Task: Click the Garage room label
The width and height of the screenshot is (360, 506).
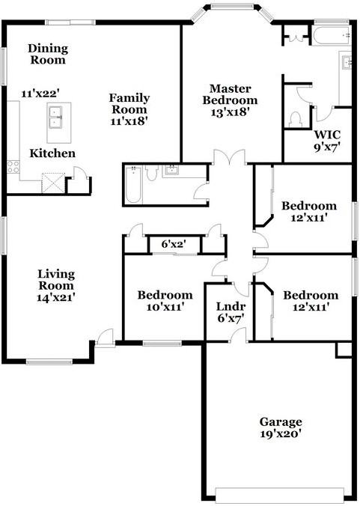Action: click(x=281, y=422)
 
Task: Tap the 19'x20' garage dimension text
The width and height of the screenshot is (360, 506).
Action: click(x=281, y=433)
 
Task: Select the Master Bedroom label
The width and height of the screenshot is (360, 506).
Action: click(x=230, y=94)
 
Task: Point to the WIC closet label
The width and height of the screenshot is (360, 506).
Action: click(x=327, y=134)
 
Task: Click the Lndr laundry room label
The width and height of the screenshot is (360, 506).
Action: click(x=231, y=306)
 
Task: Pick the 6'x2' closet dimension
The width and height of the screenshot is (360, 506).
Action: click(x=174, y=244)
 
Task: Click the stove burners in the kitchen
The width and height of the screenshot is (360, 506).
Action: click(x=13, y=167)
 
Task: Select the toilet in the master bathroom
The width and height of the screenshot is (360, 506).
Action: click(x=296, y=120)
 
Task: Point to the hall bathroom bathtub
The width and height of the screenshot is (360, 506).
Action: click(x=133, y=185)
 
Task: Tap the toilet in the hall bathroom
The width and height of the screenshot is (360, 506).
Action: click(x=151, y=173)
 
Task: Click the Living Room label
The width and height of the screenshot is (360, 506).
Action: click(x=56, y=280)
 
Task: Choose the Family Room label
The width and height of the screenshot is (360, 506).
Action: click(x=129, y=103)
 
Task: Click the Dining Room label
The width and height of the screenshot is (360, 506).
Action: click(x=48, y=54)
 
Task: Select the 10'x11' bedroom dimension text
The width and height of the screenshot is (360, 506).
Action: click(x=165, y=307)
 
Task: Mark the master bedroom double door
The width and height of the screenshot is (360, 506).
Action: click(x=229, y=157)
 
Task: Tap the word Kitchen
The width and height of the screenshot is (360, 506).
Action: click(x=52, y=153)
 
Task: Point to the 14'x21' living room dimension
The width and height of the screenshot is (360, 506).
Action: click(x=56, y=297)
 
